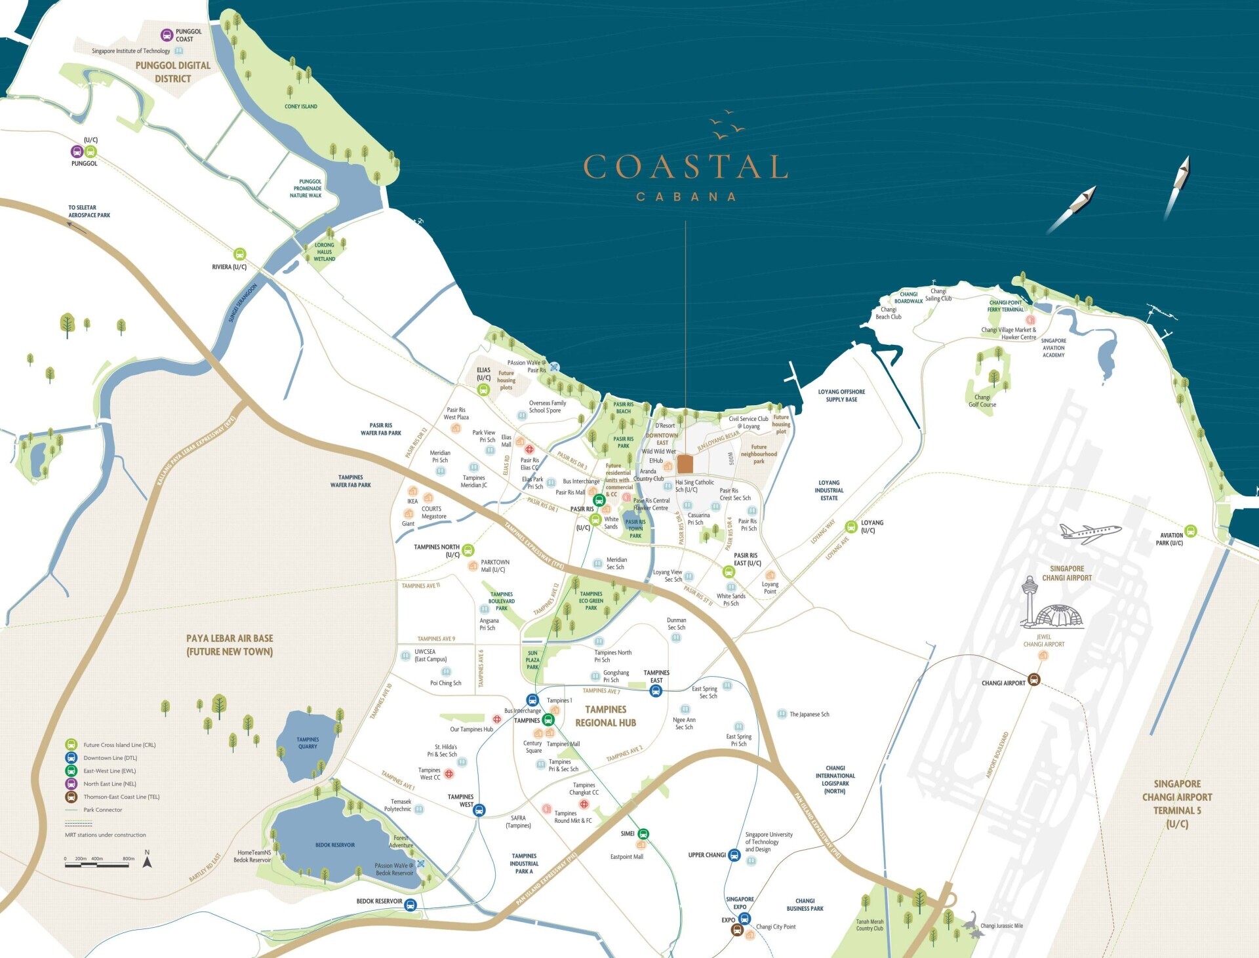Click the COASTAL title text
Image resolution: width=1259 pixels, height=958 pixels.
[x=685, y=167]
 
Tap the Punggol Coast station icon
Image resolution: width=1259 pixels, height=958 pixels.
[x=167, y=35]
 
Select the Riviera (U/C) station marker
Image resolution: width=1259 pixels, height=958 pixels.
[x=240, y=254]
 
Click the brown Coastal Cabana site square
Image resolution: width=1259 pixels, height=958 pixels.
[x=685, y=464]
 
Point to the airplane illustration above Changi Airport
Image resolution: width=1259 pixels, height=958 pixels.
[x=1089, y=532]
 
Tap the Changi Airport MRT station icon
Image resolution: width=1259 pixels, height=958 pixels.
[x=1033, y=679]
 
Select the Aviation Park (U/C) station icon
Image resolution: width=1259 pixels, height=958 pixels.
[x=1191, y=531]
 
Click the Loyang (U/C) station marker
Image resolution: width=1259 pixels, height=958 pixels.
[x=851, y=527]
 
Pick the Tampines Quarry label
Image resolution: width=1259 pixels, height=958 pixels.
[x=308, y=742]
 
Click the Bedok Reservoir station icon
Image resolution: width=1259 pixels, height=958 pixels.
[x=410, y=906]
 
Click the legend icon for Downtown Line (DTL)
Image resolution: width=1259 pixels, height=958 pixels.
[x=71, y=758]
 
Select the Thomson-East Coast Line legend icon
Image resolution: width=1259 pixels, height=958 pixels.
[x=71, y=797]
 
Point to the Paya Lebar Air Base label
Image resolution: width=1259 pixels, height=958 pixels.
[x=230, y=645]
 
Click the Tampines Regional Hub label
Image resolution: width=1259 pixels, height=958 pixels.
[x=605, y=716]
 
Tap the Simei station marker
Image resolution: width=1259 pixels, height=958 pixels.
[x=643, y=834]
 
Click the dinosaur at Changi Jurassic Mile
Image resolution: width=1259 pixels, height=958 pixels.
[x=972, y=923]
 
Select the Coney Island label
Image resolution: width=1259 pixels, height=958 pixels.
[x=301, y=106]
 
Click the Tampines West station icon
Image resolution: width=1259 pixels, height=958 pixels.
[x=479, y=810]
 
